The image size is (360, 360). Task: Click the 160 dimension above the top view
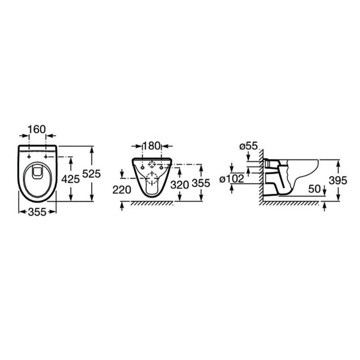(37, 130)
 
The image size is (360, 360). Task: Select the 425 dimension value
(70, 179)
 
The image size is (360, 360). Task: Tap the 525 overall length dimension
(92, 174)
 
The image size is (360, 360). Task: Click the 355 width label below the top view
(37, 212)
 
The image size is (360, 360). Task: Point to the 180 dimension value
(152, 146)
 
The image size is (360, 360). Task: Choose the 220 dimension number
(122, 190)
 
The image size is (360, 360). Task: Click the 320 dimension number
(179, 185)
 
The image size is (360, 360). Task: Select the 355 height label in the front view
(201, 183)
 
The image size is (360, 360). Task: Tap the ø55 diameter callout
(248, 146)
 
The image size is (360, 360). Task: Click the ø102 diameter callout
(231, 179)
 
